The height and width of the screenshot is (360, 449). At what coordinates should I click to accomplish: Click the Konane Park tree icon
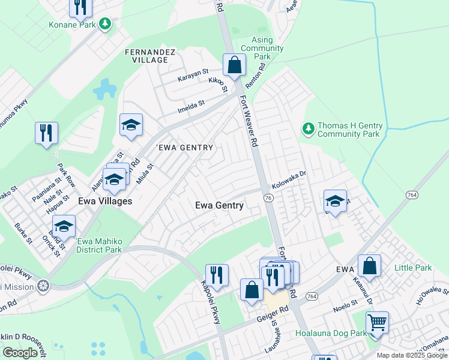pyautogui.click(x=106, y=24)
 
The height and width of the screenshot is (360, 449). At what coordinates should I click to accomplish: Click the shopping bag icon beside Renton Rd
pyautogui.click(x=235, y=65)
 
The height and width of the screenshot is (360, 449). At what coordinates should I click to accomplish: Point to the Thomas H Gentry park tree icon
pyautogui.click(x=308, y=129)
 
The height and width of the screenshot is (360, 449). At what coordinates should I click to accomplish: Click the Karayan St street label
pyautogui.click(x=193, y=79)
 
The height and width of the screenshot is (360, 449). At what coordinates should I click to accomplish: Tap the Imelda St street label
pyautogui.click(x=191, y=107)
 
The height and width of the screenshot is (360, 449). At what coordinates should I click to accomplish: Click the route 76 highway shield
pyautogui.click(x=268, y=198)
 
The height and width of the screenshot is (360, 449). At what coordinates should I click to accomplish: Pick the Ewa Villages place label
pyautogui.click(x=104, y=201)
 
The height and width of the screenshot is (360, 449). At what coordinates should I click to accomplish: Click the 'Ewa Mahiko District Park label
pyautogui.click(x=99, y=245)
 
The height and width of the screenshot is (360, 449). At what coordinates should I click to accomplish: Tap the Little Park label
pyautogui.click(x=413, y=267)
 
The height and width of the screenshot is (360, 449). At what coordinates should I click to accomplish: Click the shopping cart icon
pyautogui.click(x=377, y=323)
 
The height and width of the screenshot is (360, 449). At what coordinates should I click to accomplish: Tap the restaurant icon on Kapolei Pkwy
pyautogui.click(x=217, y=275)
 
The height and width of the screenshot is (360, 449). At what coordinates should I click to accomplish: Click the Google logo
pyautogui.click(x=20, y=353)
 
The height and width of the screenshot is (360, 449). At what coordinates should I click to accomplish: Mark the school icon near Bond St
pyautogui.click(x=64, y=226)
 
